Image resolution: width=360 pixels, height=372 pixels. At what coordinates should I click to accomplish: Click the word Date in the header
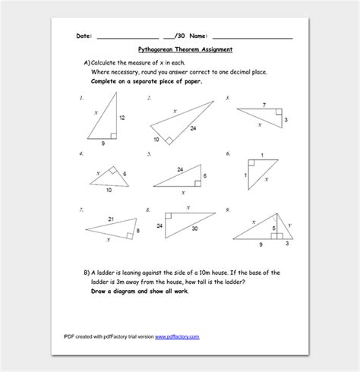point(84,36)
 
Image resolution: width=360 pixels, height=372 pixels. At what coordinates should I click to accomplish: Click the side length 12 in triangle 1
point(122,118)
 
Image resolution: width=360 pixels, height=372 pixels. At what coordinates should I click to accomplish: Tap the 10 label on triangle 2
point(156,140)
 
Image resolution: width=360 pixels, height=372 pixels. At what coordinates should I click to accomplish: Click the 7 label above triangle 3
point(264,105)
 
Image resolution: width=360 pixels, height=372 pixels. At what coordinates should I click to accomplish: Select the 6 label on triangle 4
point(125,175)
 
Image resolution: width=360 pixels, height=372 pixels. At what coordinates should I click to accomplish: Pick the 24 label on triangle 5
point(180,169)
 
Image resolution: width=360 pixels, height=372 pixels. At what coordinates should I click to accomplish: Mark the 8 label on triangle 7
point(137,230)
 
